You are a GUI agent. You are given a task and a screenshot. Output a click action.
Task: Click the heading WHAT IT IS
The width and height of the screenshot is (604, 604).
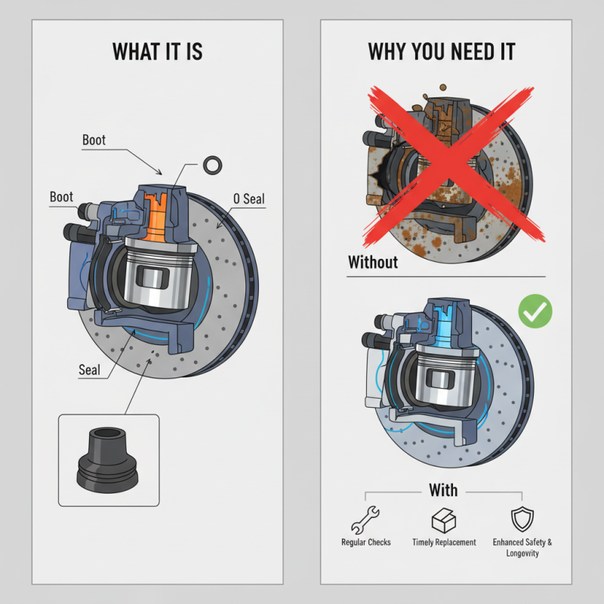point(157,51)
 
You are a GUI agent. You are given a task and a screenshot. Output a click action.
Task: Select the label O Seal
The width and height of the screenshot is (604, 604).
point(248,199)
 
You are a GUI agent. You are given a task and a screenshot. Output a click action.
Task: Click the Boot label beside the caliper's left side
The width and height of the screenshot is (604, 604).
point(61,197)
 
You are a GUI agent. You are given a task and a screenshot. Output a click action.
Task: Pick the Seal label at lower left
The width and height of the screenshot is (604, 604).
point(89,370)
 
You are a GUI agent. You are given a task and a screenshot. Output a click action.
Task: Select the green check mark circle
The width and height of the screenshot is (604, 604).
point(536,310)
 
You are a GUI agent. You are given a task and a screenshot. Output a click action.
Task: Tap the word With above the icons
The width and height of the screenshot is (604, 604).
point(443,490)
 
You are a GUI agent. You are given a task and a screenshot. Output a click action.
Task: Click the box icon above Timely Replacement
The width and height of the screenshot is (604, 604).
point(443,520)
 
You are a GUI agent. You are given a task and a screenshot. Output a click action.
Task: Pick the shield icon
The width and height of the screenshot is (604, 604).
point(522,519)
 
